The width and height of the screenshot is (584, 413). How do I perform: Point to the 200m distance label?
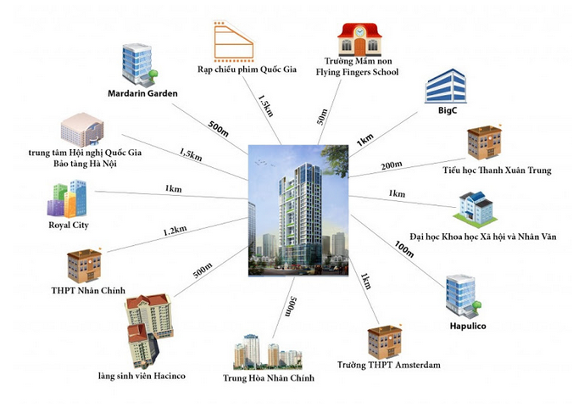tap(392, 165)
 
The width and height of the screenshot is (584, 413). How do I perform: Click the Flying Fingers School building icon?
tap(361, 38)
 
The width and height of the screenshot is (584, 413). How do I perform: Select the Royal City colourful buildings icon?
tap(68, 198)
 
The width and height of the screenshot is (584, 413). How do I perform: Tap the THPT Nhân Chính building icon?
tap(84, 266)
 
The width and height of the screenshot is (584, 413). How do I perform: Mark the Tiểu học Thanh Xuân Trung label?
tap(498, 170)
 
